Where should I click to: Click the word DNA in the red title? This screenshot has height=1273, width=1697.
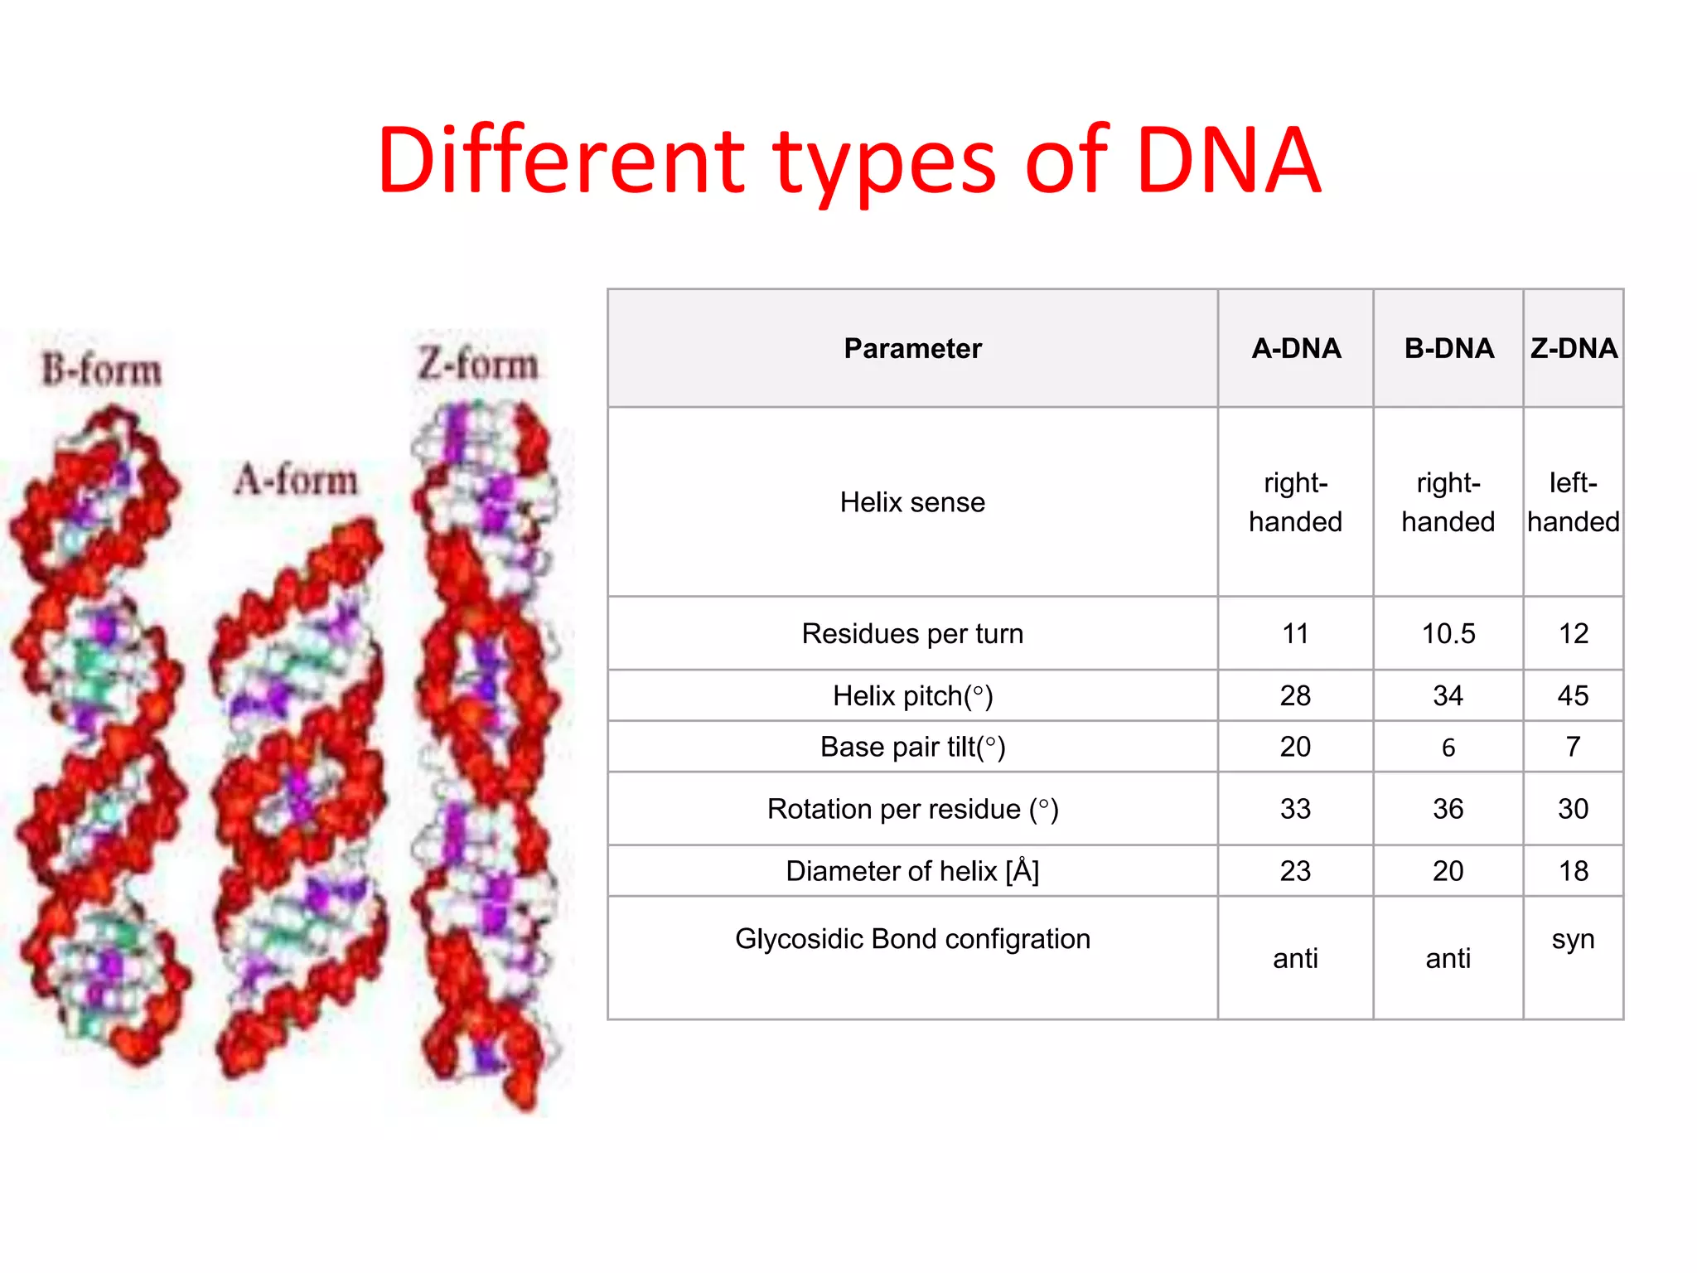(1228, 162)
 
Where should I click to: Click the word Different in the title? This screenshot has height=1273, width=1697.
(561, 162)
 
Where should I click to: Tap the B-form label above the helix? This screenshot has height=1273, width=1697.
(102, 370)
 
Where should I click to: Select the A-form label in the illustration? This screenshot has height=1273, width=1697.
(296, 480)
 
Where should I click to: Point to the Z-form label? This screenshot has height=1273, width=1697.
(478, 364)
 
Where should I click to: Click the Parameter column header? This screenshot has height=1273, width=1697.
(912, 348)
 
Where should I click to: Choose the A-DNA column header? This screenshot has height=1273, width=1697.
(1295, 348)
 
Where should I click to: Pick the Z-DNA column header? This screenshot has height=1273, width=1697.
(1573, 348)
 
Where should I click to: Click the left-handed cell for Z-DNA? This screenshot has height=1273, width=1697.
(1573, 502)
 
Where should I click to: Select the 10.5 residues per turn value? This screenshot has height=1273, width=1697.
(1448, 634)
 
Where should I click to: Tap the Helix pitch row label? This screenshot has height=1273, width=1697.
(912, 695)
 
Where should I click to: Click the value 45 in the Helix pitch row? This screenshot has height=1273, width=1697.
(1573, 695)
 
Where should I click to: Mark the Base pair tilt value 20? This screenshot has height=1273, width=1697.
(1295, 747)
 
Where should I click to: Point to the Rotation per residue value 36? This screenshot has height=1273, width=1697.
(1448, 809)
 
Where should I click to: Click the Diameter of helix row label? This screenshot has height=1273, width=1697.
(912, 871)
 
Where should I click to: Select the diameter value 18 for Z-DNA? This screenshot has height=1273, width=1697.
(1573, 871)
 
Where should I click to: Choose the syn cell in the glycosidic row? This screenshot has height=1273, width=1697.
(1573, 939)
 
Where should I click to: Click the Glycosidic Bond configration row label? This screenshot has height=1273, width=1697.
(912, 939)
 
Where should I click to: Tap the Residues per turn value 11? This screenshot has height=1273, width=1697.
(1295, 634)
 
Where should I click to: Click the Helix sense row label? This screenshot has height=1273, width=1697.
(912, 502)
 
